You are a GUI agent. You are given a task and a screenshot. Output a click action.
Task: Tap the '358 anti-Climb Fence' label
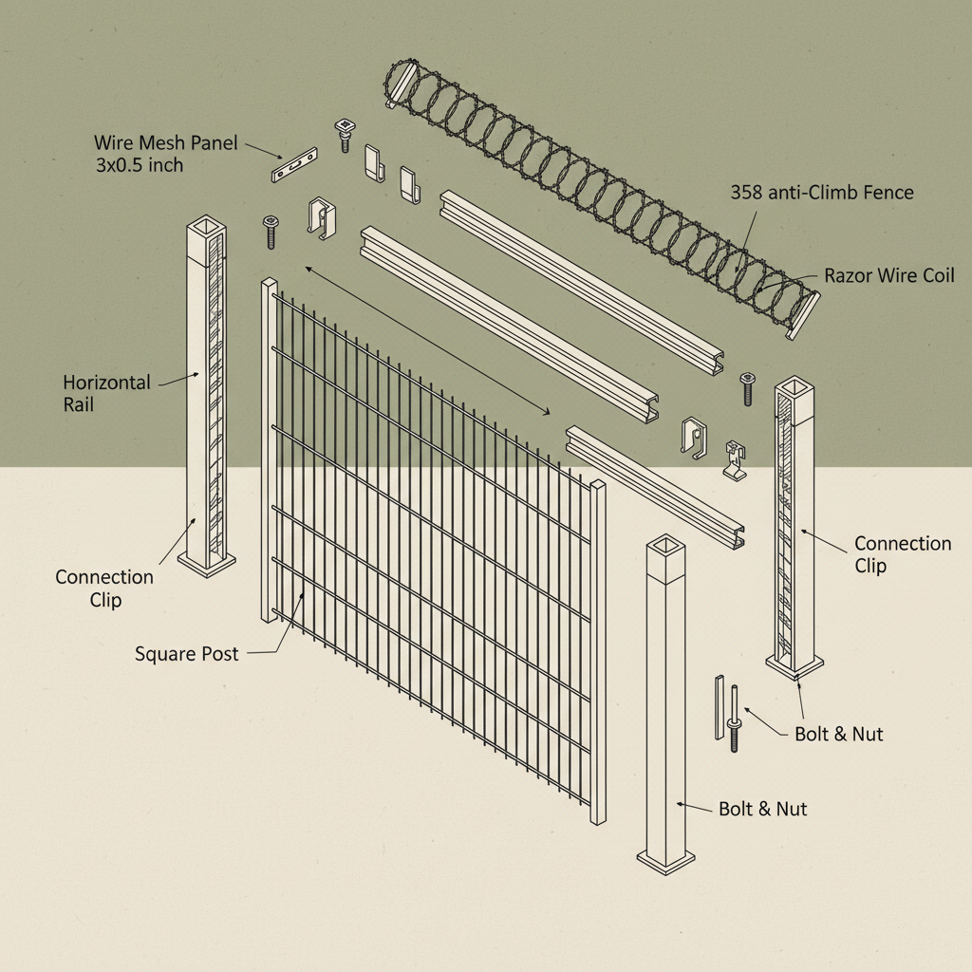click(821, 193)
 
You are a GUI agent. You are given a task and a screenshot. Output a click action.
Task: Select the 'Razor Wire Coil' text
click(888, 276)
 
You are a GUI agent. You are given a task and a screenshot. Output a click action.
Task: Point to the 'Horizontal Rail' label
click(106, 393)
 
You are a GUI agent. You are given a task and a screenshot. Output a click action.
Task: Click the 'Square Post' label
click(186, 654)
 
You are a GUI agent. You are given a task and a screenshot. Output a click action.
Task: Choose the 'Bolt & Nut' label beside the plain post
click(762, 809)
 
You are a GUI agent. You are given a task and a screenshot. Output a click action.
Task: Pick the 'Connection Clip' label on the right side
click(902, 554)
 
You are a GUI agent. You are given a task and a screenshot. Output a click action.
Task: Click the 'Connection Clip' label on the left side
click(103, 589)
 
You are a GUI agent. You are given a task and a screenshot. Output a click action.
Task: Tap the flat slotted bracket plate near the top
click(292, 165)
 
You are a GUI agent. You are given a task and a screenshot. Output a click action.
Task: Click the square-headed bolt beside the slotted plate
click(344, 135)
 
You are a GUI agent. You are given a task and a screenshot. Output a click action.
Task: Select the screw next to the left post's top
click(271, 231)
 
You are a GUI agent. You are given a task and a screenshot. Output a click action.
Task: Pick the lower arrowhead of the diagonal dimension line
click(547, 411)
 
